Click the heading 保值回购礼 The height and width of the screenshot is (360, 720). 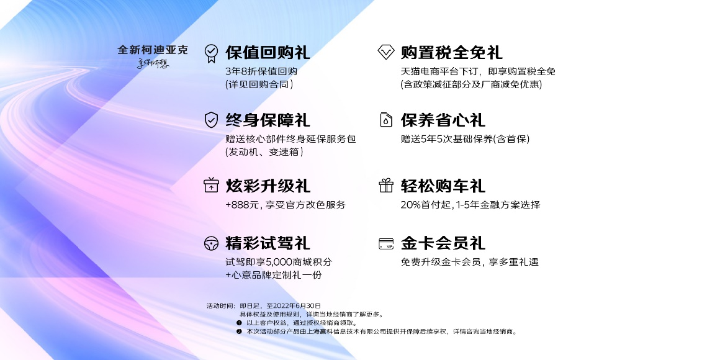coord(268,52)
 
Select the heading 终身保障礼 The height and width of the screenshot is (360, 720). coord(268,120)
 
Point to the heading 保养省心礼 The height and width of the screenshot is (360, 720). coord(443,120)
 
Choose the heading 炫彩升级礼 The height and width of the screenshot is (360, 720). coord(268,186)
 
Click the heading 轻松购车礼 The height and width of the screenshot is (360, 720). coord(443,186)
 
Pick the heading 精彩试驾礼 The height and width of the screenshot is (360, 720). coord(268,243)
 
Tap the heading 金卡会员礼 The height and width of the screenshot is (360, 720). coord(443,243)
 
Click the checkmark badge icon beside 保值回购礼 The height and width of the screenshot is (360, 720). coord(212,52)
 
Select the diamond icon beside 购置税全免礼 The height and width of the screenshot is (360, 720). coord(386,52)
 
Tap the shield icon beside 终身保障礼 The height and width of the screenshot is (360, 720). coord(212,120)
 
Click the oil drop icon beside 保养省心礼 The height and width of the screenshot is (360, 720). coord(386,120)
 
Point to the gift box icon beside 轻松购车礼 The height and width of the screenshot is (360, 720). coord(386,186)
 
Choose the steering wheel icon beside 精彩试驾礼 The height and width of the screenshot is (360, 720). coord(212,243)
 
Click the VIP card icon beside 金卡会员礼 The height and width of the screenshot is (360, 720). coord(386,243)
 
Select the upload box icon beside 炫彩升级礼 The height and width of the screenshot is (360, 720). coord(212,186)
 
